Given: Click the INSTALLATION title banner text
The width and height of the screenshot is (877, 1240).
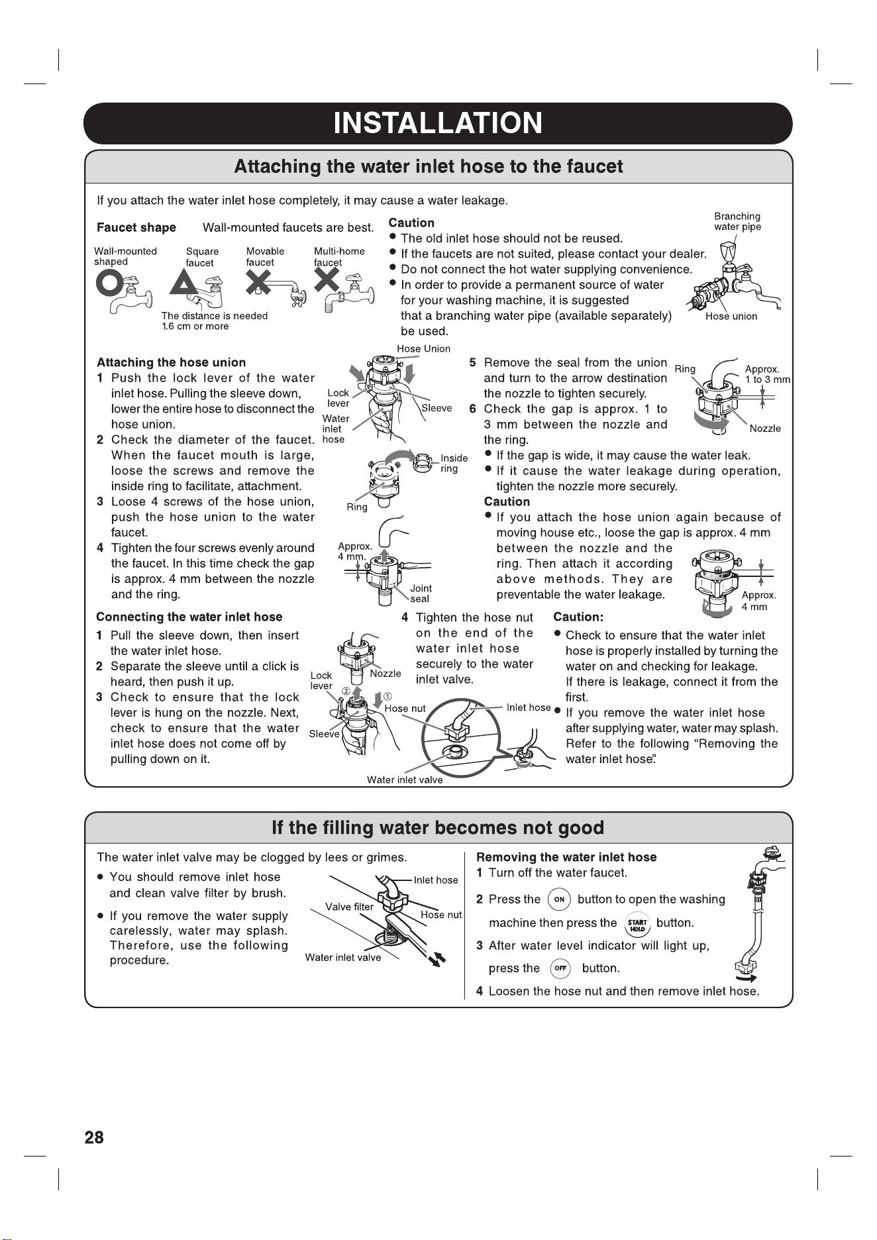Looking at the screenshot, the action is (x=438, y=123).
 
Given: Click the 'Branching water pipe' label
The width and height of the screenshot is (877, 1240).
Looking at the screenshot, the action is (x=737, y=222).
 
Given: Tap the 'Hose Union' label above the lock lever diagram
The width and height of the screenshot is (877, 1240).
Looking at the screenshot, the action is (x=423, y=349).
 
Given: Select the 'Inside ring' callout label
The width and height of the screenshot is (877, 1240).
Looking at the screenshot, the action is (x=454, y=464).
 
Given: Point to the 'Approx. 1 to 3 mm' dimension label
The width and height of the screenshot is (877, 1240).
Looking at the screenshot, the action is (x=767, y=374).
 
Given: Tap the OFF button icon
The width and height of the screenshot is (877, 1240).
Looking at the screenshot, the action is (x=560, y=968).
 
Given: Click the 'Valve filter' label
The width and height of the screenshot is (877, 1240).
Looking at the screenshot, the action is (x=349, y=907).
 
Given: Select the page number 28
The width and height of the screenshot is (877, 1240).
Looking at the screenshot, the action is (x=94, y=1138).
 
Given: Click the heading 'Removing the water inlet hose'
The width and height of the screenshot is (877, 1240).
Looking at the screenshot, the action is (x=566, y=857).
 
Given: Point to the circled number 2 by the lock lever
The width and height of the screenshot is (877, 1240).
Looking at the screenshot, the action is (x=346, y=692).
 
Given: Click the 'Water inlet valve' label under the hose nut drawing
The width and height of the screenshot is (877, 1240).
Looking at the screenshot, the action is (x=405, y=780).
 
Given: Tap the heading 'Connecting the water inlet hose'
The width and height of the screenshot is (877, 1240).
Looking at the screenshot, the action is (x=189, y=617).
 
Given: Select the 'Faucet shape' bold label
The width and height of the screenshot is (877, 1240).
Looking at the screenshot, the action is (x=136, y=228).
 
